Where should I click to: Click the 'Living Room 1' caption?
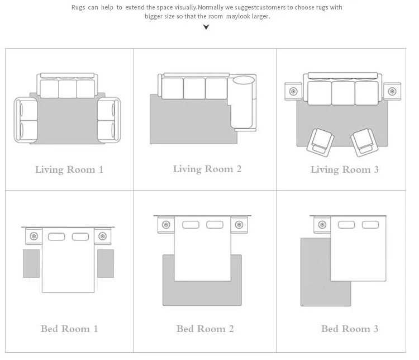69,169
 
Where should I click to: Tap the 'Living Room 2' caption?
207,169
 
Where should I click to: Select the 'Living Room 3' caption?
345,169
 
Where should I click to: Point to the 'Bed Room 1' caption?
69,329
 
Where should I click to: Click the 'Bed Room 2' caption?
205,329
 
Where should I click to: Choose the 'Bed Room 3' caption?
350,329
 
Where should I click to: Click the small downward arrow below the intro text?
206,27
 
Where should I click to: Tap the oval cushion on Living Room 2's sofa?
244,80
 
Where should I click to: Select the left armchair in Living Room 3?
320,142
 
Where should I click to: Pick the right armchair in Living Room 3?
364,142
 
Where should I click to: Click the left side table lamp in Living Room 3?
293,91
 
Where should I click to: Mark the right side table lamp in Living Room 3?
392,91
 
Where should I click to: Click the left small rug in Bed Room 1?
31,263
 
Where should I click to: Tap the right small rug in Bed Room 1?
106,263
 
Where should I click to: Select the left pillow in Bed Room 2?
191,225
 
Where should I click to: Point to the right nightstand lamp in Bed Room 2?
239,225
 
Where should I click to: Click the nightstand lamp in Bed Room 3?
322,225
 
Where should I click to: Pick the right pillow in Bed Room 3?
370,225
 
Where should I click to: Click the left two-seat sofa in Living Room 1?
26,120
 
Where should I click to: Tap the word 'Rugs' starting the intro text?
78,7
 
